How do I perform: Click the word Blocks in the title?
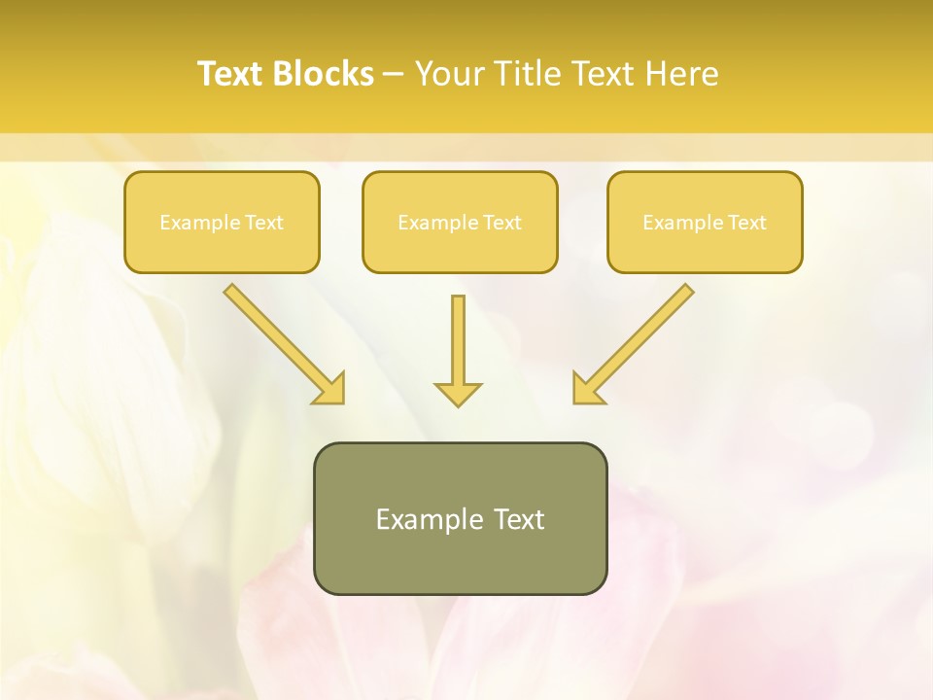[323, 74]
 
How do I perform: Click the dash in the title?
[394, 74]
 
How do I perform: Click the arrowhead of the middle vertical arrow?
[458, 393]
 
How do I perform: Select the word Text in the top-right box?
[746, 223]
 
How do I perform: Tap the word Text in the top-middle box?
[501, 223]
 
